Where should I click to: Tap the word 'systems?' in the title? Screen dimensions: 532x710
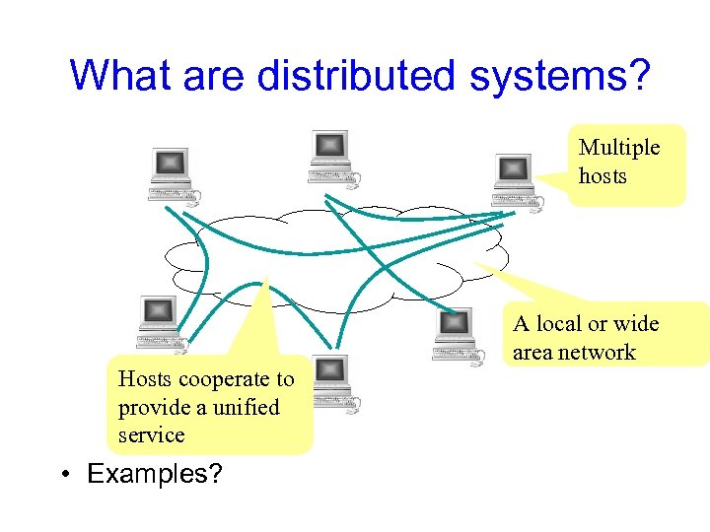tap(559, 76)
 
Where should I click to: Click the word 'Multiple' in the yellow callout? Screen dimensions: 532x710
tap(619, 148)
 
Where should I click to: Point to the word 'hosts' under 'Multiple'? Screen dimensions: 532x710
tap(603, 176)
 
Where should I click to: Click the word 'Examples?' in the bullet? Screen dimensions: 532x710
tap(155, 474)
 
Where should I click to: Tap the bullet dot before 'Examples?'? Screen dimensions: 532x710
tap(63, 475)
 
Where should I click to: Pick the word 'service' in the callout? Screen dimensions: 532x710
tap(151, 434)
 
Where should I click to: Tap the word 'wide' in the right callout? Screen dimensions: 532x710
tap(637, 324)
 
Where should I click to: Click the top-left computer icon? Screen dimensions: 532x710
tap(171, 171)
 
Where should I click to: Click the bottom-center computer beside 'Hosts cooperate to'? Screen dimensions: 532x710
tap(332, 382)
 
